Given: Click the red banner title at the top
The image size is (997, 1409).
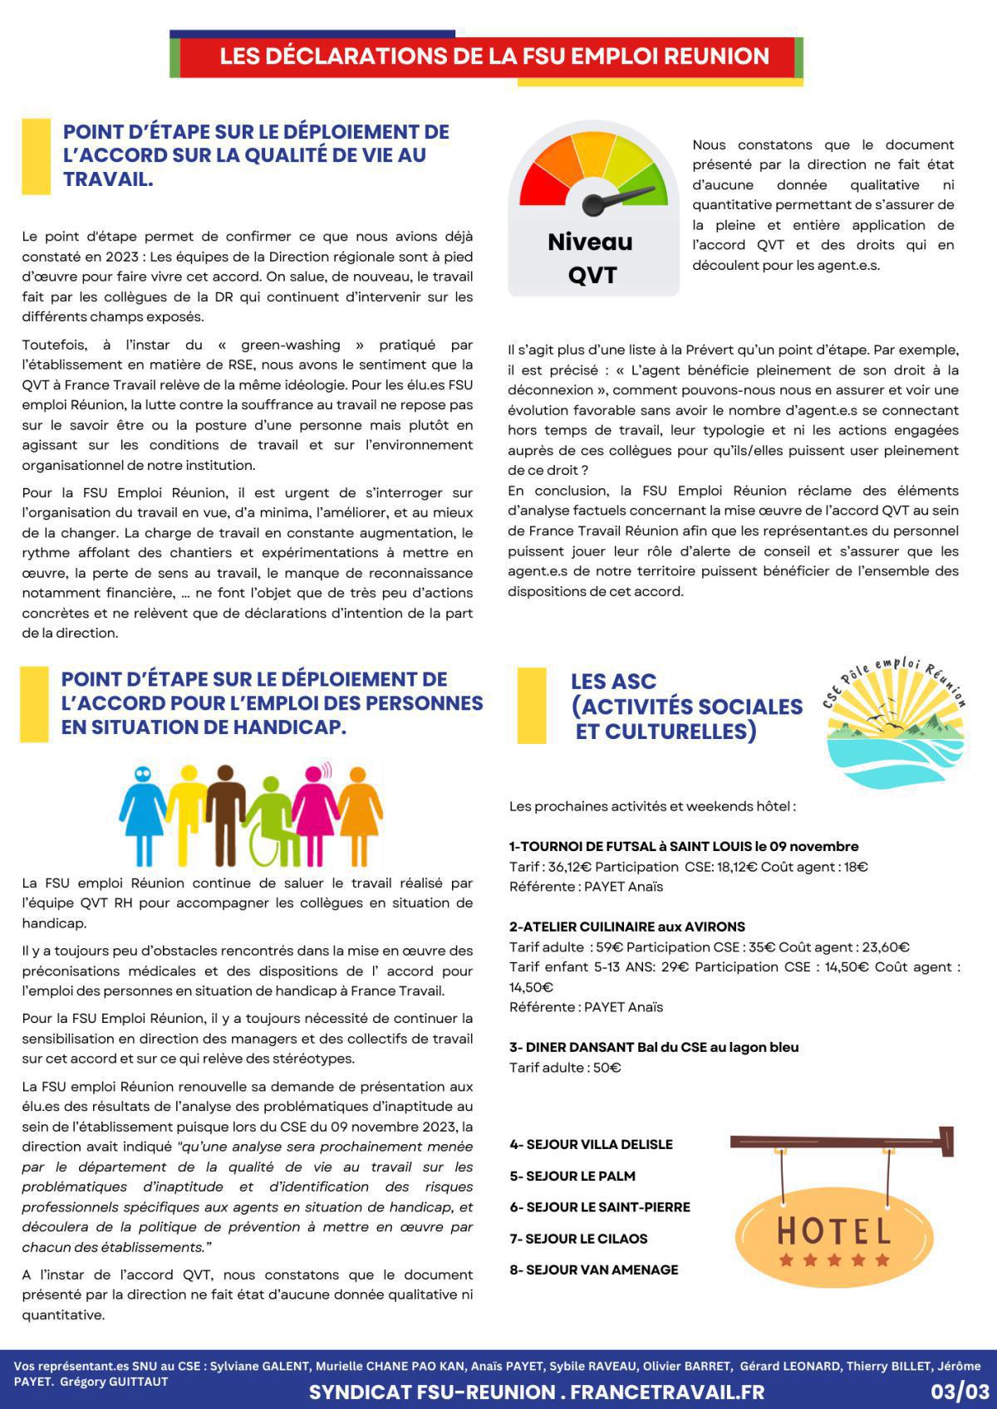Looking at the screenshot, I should tap(494, 56).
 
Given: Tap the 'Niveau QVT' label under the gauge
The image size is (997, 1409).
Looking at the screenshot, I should tap(591, 257).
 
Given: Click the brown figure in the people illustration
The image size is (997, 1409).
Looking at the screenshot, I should tap(223, 810).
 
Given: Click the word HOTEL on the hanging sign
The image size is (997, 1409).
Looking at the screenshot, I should tap(834, 1230).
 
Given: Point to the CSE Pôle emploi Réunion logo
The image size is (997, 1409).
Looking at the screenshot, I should tap(894, 722).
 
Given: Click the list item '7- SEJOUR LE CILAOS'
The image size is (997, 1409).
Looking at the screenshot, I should tap(578, 1238).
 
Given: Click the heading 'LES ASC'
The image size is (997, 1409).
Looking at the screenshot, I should tap(613, 681).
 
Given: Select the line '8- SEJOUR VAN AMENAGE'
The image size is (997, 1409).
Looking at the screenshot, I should tap(593, 1270).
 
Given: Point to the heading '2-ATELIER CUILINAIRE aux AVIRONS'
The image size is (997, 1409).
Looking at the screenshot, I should tap(626, 927).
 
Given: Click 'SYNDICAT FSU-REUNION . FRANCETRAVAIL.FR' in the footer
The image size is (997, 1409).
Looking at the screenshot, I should tap(536, 1392).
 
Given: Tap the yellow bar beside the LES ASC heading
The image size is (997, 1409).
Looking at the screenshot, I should tap(532, 705).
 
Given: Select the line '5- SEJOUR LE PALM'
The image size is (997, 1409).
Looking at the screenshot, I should tap(572, 1176).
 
